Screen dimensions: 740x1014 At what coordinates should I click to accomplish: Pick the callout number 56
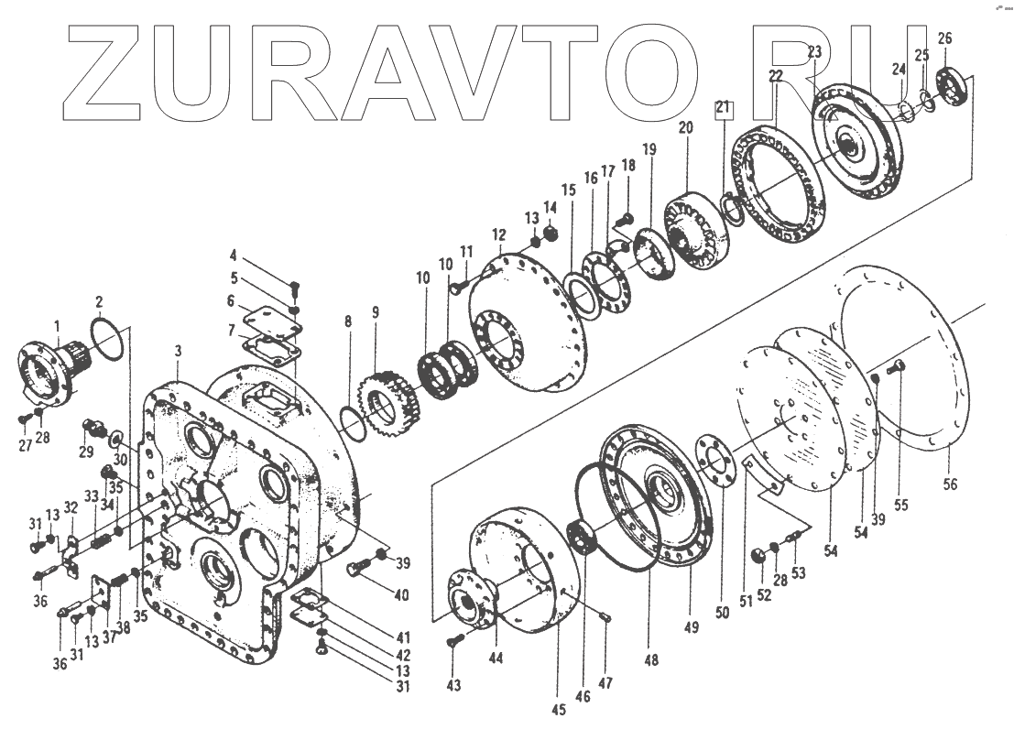950,483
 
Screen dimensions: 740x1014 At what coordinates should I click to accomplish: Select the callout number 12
498,234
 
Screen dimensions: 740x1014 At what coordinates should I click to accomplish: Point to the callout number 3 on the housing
179,351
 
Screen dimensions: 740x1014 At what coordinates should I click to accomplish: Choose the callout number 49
691,627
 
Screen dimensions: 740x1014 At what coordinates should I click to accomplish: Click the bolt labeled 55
895,368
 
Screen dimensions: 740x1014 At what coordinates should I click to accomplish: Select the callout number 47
605,683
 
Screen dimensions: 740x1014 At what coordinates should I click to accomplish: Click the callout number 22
776,77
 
